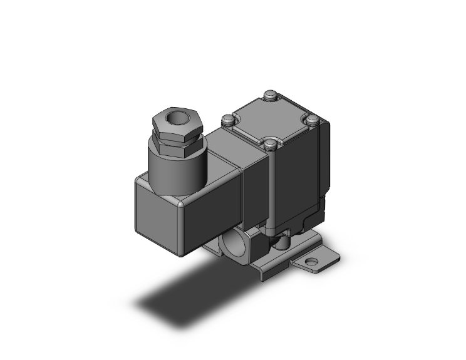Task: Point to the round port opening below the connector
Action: coord(234,240)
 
